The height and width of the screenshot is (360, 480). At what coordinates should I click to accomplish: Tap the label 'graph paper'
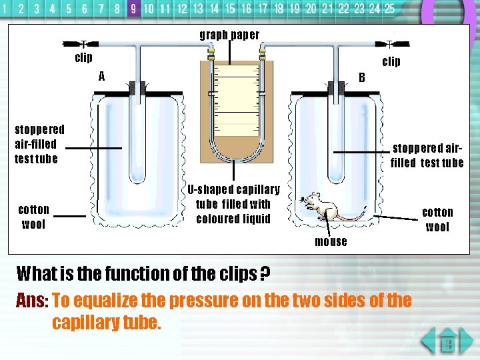tap(229, 35)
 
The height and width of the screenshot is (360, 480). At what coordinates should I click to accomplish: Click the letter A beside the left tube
tap(101, 76)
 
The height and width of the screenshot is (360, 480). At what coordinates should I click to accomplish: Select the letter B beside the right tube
tap(362, 77)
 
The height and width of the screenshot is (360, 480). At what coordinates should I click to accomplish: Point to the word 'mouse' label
tap(331, 241)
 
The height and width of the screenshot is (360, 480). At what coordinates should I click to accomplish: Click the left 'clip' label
tap(83, 58)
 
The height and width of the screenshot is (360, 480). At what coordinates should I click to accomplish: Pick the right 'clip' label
tap(391, 62)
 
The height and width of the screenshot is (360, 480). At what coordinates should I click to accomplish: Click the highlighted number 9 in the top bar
tap(133, 9)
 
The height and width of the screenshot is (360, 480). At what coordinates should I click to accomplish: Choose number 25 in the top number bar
tap(389, 9)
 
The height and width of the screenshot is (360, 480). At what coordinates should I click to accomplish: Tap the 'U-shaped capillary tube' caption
tap(233, 204)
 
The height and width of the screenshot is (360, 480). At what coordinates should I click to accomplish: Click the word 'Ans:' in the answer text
tap(31, 301)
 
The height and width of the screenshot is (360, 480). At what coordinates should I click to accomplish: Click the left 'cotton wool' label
tap(33, 217)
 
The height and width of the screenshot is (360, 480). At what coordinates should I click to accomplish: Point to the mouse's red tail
tap(350, 217)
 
